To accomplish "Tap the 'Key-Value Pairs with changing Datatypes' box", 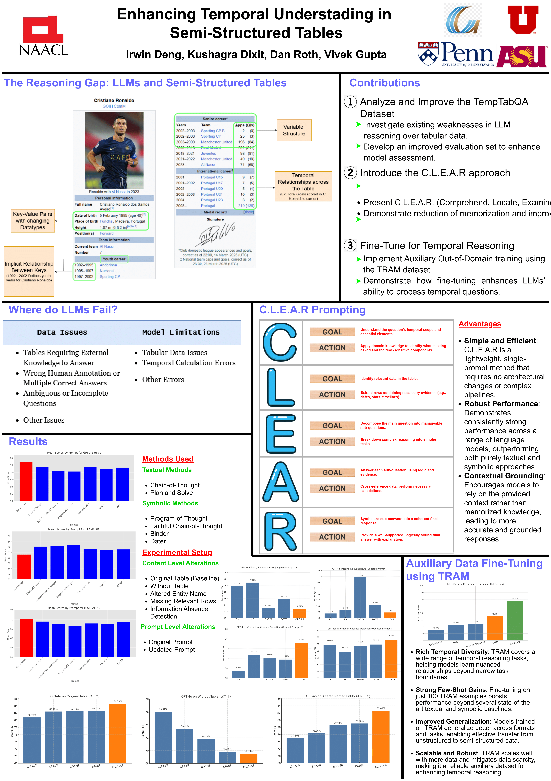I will (33, 221).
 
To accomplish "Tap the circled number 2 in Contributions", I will (350, 173).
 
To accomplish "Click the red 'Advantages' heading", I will (480, 324).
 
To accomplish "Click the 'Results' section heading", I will (28, 442).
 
